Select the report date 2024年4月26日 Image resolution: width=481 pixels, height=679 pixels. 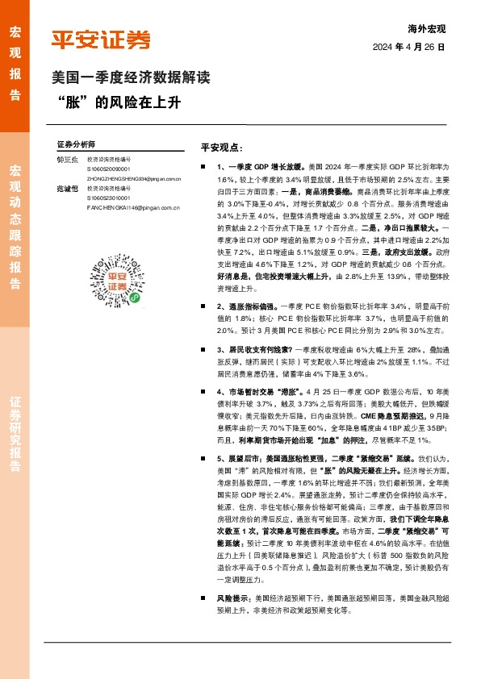click(408, 48)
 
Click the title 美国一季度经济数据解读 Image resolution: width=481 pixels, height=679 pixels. click(130, 79)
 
